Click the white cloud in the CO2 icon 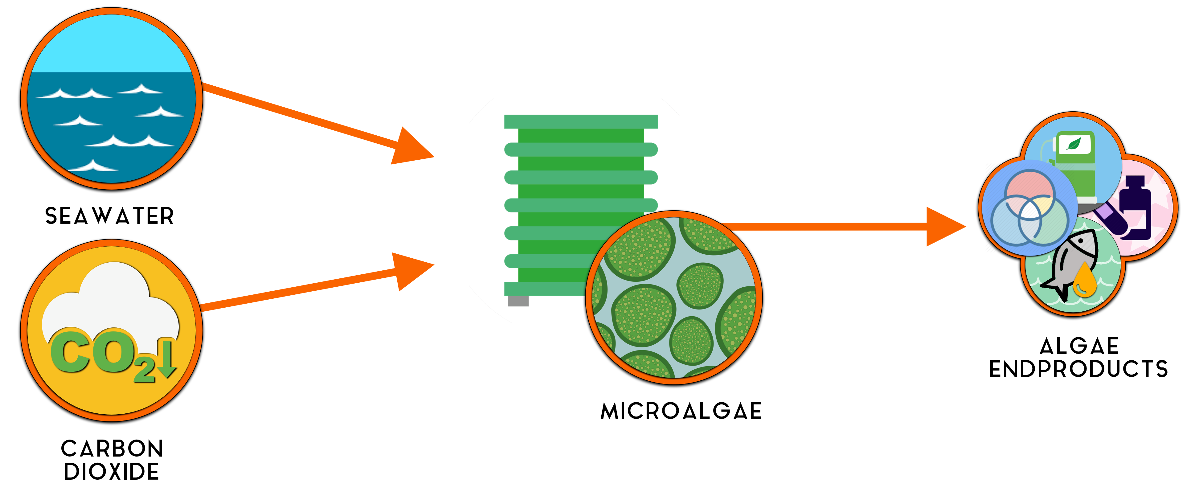114,297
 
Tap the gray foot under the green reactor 518,301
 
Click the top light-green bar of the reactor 581,121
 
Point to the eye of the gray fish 1081,241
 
